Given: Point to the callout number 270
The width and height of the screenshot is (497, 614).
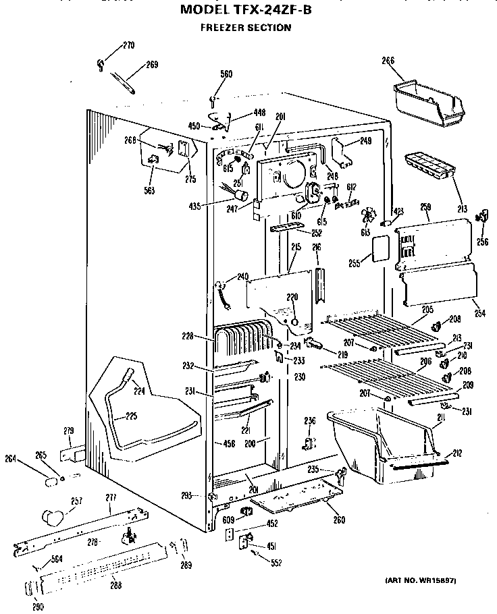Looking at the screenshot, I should pyautogui.click(x=128, y=46).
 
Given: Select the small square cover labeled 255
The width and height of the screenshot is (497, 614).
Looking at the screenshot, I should pyautogui.click(x=377, y=247).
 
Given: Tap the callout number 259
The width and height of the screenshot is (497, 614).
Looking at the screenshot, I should pyautogui.click(x=425, y=206).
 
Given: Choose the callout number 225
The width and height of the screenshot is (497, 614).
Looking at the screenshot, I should pyautogui.click(x=131, y=416).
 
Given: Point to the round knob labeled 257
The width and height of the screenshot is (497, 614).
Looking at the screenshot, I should pyautogui.click(x=51, y=517).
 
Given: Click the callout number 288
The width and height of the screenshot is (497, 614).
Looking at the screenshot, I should pyautogui.click(x=115, y=585).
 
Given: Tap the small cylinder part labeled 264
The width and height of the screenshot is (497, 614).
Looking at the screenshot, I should pyautogui.click(x=51, y=481).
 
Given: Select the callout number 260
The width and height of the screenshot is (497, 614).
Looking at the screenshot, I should pyautogui.click(x=339, y=519).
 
